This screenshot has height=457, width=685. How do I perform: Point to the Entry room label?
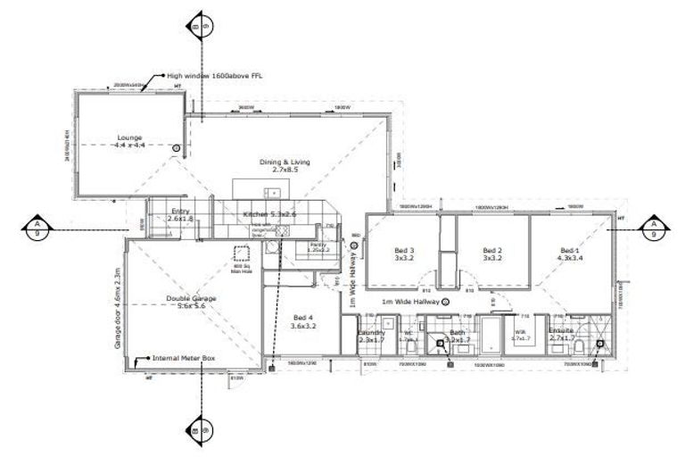click(x=181, y=214)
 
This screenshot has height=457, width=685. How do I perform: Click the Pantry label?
click(x=318, y=246)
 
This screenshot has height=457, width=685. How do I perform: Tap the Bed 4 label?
click(x=304, y=321)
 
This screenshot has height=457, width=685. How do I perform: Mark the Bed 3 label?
click(x=405, y=253)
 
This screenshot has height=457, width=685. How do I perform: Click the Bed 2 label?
click(x=493, y=253)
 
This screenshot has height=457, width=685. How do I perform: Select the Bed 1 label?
click(x=571, y=253)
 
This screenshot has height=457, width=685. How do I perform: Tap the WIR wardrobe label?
click(x=521, y=338)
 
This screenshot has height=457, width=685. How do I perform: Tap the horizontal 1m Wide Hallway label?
click(x=410, y=302)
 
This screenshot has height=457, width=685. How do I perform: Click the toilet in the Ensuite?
click(x=580, y=345)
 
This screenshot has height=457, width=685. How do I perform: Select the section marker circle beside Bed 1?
click(x=654, y=228)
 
